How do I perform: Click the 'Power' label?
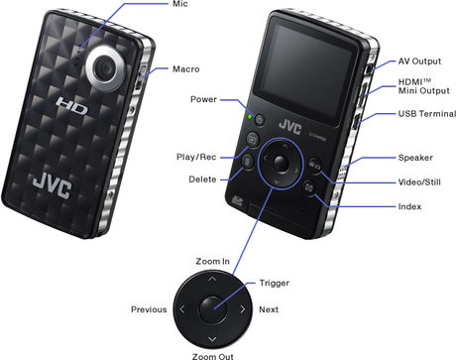(205, 99)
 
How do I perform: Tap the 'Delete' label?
(204, 180)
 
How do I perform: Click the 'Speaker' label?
(415, 158)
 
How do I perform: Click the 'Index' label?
(409, 206)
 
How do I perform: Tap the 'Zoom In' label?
(212, 262)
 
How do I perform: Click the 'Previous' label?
(148, 309)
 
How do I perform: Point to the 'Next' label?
(270, 309)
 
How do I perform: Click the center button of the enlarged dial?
(211, 308)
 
